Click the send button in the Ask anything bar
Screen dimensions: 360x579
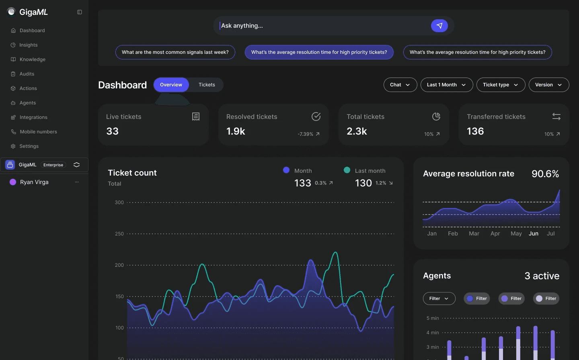coord(439,26)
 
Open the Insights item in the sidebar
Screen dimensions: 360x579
coord(28,45)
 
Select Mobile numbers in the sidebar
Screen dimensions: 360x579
coord(38,132)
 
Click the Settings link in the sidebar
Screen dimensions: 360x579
coord(29,146)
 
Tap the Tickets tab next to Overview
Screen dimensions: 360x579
coord(207,85)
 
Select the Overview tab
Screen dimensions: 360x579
coord(171,85)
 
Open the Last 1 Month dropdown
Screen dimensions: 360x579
coord(446,85)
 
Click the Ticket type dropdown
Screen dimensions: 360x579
coord(501,85)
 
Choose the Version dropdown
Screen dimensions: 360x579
coord(548,85)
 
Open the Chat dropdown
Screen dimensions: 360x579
coord(400,85)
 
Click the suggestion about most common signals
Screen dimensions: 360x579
coord(175,52)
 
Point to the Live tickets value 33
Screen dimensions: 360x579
coord(113,131)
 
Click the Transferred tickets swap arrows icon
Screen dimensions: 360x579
coord(556,117)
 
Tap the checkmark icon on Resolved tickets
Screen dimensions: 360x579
coord(316,117)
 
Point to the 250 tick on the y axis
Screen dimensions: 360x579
coord(119,234)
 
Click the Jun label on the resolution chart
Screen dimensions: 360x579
coord(534,233)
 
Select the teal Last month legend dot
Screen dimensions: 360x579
coord(347,170)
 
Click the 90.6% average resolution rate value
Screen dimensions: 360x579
coord(545,174)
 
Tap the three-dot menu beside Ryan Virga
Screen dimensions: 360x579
coord(77,182)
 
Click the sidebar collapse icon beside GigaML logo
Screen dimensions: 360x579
coord(80,12)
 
